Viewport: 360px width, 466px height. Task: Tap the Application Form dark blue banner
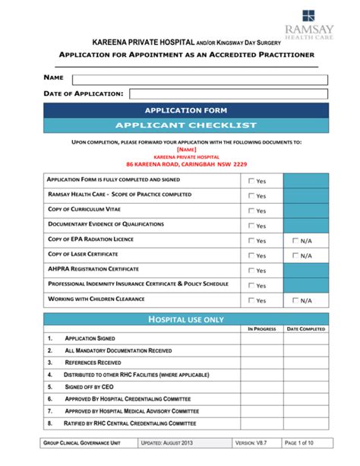coord(186,111)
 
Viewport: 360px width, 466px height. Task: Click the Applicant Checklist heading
coord(186,125)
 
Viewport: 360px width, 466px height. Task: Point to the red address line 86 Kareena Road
coord(186,164)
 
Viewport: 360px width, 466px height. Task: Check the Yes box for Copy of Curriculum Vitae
coord(251,211)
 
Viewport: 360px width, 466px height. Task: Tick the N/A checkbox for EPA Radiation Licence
coord(296,240)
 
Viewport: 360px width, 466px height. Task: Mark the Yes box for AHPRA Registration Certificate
coord(251,270)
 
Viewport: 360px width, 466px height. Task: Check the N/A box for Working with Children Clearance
coord(296,300)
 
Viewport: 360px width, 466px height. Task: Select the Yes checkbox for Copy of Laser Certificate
coord(251,255)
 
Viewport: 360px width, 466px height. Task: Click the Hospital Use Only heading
coord(186,319)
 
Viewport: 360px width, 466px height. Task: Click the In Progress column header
coord(261,329)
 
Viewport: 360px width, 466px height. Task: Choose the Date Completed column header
coord(305,329)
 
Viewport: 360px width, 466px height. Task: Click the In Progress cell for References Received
coord(261,363)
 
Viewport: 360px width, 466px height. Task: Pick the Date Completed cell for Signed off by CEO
coord(305,387)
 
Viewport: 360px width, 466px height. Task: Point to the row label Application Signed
coord(90,338)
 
